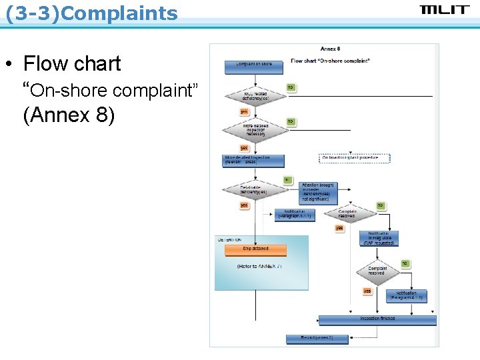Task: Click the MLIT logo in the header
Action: (x=445, y=9)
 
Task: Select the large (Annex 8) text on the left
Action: (x=69, y=115)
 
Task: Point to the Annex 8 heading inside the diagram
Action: (x=330, y=49)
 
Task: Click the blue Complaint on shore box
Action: (x=253, y=65)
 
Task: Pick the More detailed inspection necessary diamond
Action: (x=254, y=130)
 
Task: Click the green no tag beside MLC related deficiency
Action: (x=291, y=87)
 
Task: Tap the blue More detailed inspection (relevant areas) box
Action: (x=253, y=161)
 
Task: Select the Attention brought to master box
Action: (x=319, y=192)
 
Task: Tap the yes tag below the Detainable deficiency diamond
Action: (x=245, y=206)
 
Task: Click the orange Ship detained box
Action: (x=255, y=249)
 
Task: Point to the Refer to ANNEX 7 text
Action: (x=259, y=266)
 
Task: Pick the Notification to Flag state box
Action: (x=379, y=238)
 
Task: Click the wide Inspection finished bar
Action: (x=377, y=319)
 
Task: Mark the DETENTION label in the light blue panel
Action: (x=229, y=240)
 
